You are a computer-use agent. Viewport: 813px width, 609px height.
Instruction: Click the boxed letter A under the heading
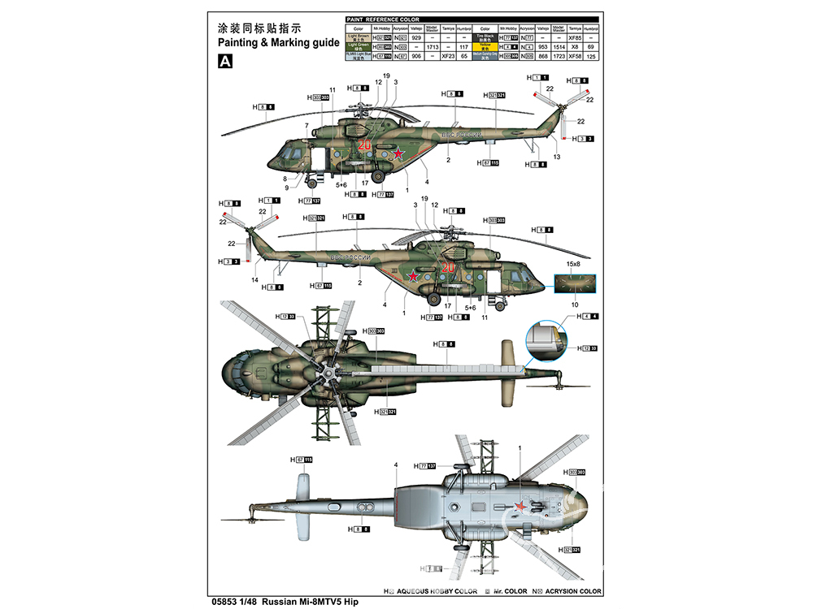click(225, 62)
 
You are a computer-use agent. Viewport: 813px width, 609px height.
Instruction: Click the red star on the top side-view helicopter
click(398, 153)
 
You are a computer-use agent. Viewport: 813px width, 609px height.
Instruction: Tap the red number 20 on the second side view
click(446, 268)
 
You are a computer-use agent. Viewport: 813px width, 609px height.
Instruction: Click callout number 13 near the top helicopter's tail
click(557, 156)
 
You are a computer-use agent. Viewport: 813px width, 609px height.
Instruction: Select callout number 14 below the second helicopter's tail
click(255, 280)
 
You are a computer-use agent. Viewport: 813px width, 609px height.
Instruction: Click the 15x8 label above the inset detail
click(573, 264)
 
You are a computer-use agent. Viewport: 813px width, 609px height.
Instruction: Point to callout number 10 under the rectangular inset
click(574, 304)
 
